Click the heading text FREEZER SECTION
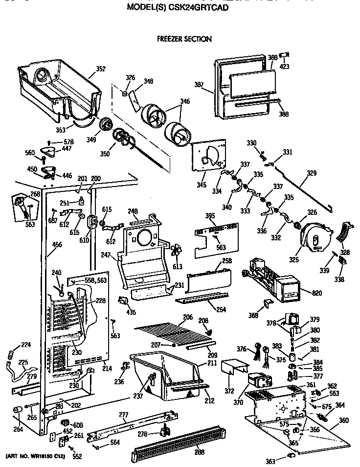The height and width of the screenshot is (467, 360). tap(184, 39)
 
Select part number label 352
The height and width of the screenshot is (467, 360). tap(100, 69)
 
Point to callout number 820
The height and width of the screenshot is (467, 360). tap(318, 293)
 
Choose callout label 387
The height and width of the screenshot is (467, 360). tap(199, 85)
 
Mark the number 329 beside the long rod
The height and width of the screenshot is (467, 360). tap(312, 173)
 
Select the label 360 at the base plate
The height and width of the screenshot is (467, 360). tap(344, 420)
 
